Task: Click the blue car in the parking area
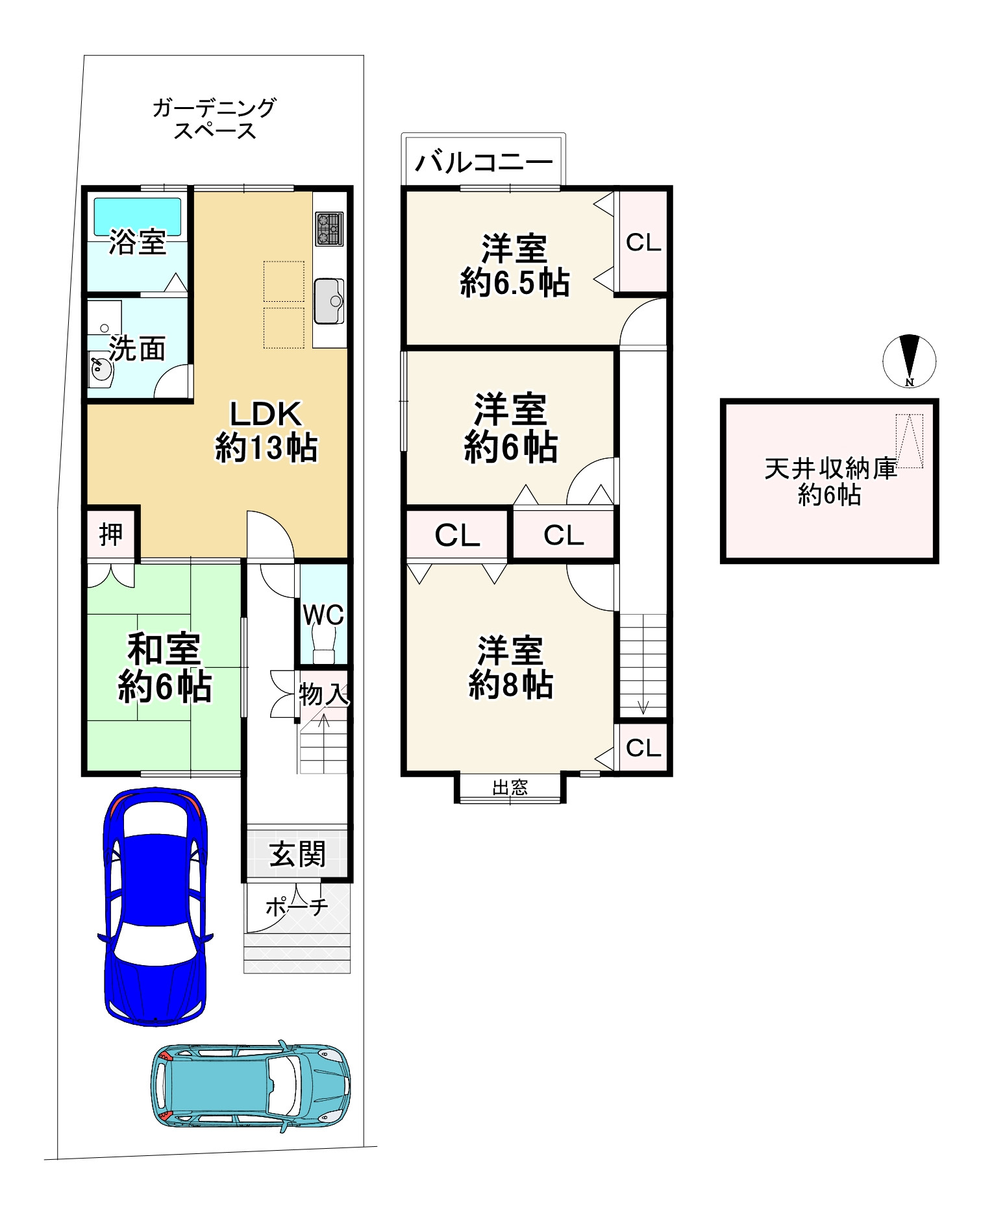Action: (x=156, y=907)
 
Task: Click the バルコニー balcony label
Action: (x=484, y=162)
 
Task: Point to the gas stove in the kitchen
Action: (x=329, y=228)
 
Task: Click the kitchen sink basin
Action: (x=329, y=301)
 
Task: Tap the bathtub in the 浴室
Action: (x=138, y=217)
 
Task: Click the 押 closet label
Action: (x=111, y=535)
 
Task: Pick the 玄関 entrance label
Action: (x=297, y=854)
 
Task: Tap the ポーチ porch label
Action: (x=297, y=907)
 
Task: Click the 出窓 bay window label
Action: (x=510, y=788)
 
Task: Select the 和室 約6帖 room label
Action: (x=165, y=668)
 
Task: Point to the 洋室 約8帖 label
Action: (x=511, y=668)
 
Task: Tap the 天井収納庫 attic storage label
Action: (x=830, y=469)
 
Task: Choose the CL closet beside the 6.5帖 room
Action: (x=643, y=242)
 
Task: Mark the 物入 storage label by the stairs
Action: (x=323, y=694)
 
